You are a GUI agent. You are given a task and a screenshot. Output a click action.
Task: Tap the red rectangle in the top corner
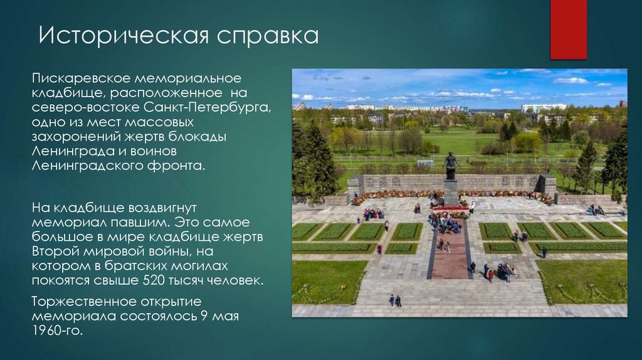pyautogui.click(x=568, y=29)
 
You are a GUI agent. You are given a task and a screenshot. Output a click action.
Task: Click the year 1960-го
pyautogui.click(x=57, y=329)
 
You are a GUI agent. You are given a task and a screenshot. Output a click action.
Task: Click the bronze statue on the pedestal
pyautogui.click(x=450, y=165)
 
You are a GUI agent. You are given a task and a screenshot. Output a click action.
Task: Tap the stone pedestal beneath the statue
pyautogui.click(x=450, y=192)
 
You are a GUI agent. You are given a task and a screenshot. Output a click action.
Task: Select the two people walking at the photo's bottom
pyautogui.click(x=395, y=300)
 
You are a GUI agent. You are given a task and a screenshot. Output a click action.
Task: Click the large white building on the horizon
pyautogui.click(x=543, y=108)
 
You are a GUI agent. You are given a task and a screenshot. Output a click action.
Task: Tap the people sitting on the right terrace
pyautogui.click(x=595, y=210)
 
